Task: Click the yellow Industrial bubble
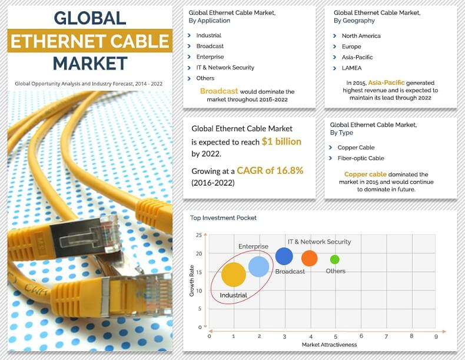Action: (x=234, y=275)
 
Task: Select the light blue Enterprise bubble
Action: (x=259, y=266)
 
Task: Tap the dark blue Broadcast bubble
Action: (x=284, y=256)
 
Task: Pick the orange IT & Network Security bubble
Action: (x=310, y=258)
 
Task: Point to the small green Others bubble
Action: (x=335, y=259)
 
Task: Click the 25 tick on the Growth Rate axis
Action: (x=199, y=235)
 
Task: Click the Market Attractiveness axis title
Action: (x=329, y=344)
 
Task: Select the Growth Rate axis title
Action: (x=192, y=280)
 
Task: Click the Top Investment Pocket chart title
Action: (x=223, y=218)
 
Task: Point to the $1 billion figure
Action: (x=281, y=141)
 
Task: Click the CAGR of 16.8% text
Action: (x=270, y=171)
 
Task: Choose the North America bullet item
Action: (x=361, y=36)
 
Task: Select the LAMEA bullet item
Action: (x=351, y=68)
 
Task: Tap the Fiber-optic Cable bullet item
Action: (x=360, y=158)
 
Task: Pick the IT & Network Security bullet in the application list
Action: (x=225, y=68)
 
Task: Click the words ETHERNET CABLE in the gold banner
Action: (x=90, y=41)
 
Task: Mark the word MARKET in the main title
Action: (x=90, y=63)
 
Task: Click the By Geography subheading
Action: (x=354, y=21)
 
